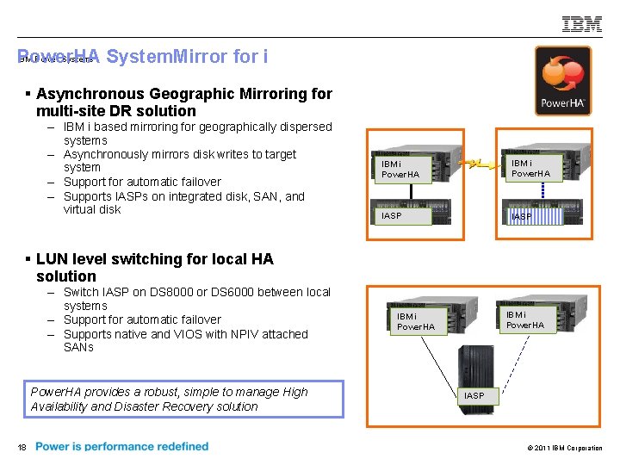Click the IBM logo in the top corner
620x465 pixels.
coord(582,24)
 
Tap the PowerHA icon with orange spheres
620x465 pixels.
coord(563,80)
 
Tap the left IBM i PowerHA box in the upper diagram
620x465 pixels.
coord(400,169)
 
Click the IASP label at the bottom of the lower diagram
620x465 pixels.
coord(474,395)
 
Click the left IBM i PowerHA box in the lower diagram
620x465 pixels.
coord(416,321)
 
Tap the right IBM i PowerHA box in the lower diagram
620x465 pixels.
coord(524,319)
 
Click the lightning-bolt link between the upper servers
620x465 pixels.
coord(471,162)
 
